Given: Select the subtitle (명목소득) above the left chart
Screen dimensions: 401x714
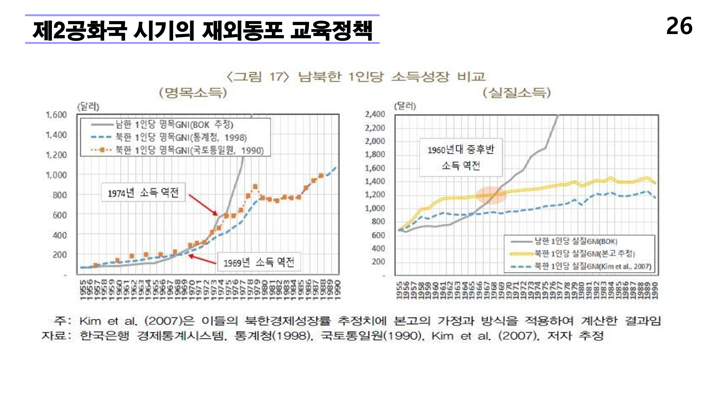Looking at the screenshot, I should coord(193,93).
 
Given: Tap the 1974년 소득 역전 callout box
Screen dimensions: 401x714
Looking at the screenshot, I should coord(143,192).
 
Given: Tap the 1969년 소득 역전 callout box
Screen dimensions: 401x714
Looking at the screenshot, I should coord(259,262).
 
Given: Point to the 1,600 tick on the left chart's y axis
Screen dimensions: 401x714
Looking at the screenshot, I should coord(56,115).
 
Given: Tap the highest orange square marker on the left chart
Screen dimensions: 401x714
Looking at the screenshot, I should coord(255,187).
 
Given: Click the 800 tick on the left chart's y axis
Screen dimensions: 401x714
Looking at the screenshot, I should coord(60,195).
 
